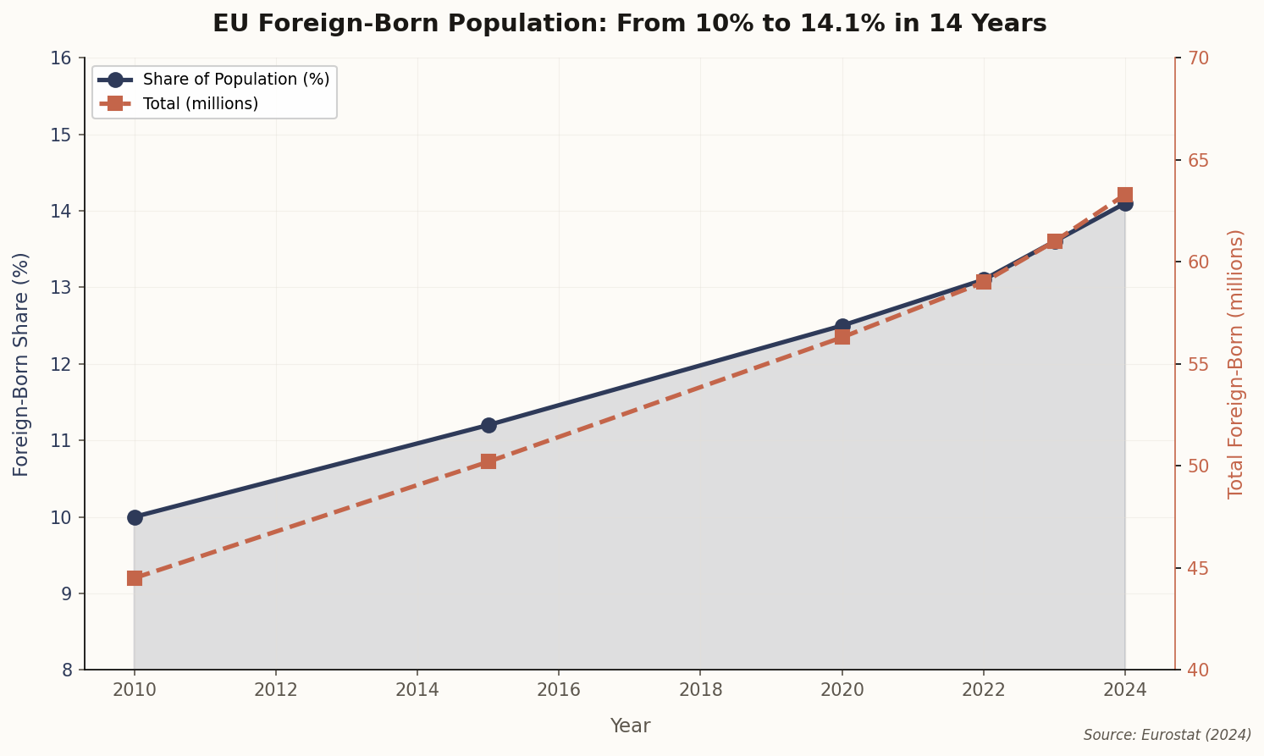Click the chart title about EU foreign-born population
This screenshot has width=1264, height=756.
click(x=629, y=24)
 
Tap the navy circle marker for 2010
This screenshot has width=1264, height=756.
click(x=135, y=517)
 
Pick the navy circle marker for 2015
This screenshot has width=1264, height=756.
click(x=488, y=425)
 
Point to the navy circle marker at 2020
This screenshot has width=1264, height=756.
click(x=842, y=326)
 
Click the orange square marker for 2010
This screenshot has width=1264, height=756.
click(x=135, y=578)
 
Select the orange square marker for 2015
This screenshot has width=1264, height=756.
click(x=488, y=461)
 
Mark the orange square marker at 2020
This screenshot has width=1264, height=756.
click(x=842, y=337)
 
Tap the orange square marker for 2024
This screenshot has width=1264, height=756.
click(x=1125, y=195)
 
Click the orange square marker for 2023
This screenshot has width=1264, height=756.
click(x=1055, y=241)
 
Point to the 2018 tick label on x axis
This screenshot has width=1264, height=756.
click(x=700, y=690)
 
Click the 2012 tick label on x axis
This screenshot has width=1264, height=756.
click(x=276, y=690)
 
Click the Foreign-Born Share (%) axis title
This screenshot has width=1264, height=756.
click(x=21, y=364)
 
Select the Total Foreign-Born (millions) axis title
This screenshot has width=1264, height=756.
click(x=1236, y=364)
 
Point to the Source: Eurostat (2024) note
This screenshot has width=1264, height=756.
click(x=1167, y=735)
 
